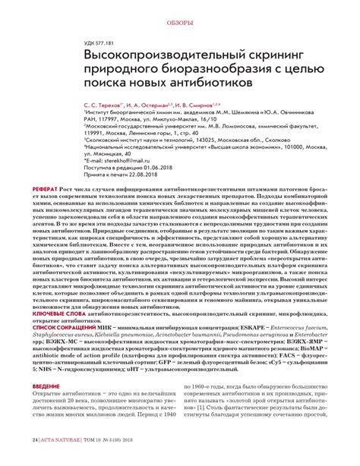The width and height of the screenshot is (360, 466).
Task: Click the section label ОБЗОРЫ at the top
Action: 179,25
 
